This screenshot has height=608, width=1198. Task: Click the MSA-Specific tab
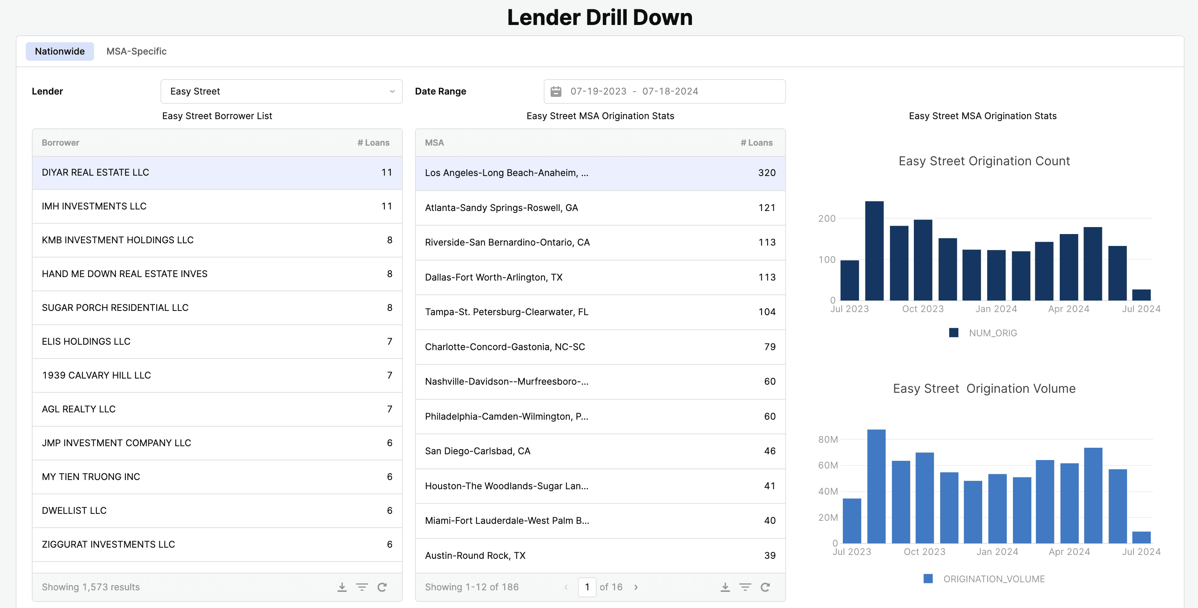(x=136, y=51)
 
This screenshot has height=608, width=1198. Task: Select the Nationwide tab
(x=60, y=51)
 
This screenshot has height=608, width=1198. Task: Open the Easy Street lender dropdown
(x=281, y=91)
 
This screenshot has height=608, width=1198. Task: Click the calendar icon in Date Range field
(x=556, y=91)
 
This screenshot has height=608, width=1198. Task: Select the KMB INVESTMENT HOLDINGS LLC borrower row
(x=217, y=240)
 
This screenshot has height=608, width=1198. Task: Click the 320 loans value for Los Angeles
(x=766, y=173)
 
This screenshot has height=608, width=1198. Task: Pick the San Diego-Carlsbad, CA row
(x=600, y=451)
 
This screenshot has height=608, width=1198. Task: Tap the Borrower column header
(x=60, y=143)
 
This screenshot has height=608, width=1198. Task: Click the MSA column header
(x=434, y=143)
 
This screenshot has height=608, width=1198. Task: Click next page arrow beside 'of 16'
(x=636, y=587)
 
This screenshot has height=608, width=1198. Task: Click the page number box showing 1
(x=587, y=587)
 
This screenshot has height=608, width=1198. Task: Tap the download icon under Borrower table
(x=342, y=587)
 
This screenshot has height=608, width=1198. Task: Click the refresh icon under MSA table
(x=765, y=587)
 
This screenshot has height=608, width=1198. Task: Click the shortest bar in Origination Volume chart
(x=1141, y=537)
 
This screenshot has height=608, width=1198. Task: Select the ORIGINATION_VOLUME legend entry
(x=993, y=579)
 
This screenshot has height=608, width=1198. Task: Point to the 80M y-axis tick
(x=828, y=439)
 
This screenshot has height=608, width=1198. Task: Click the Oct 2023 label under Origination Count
(x=923, y=309)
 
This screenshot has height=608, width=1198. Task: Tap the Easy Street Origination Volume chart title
(x=984, y=388)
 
